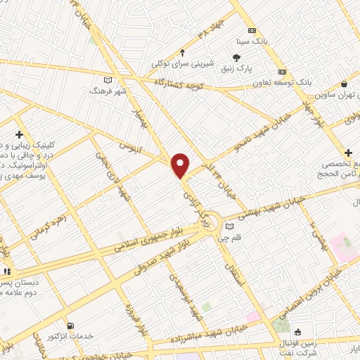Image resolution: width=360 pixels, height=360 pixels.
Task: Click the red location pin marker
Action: click(181, 164)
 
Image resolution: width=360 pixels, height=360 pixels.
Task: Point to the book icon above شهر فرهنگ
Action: click(108, 79)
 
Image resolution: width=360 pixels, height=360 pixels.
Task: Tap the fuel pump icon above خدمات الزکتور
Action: click(71, 325)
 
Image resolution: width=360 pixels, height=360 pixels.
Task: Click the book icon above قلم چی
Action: click(230, 226)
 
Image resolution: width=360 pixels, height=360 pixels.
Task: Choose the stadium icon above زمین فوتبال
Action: click(297, 331)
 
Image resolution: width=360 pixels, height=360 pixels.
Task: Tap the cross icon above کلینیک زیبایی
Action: click(19, 134)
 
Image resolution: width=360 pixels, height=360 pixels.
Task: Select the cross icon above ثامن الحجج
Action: click(348, 153)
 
